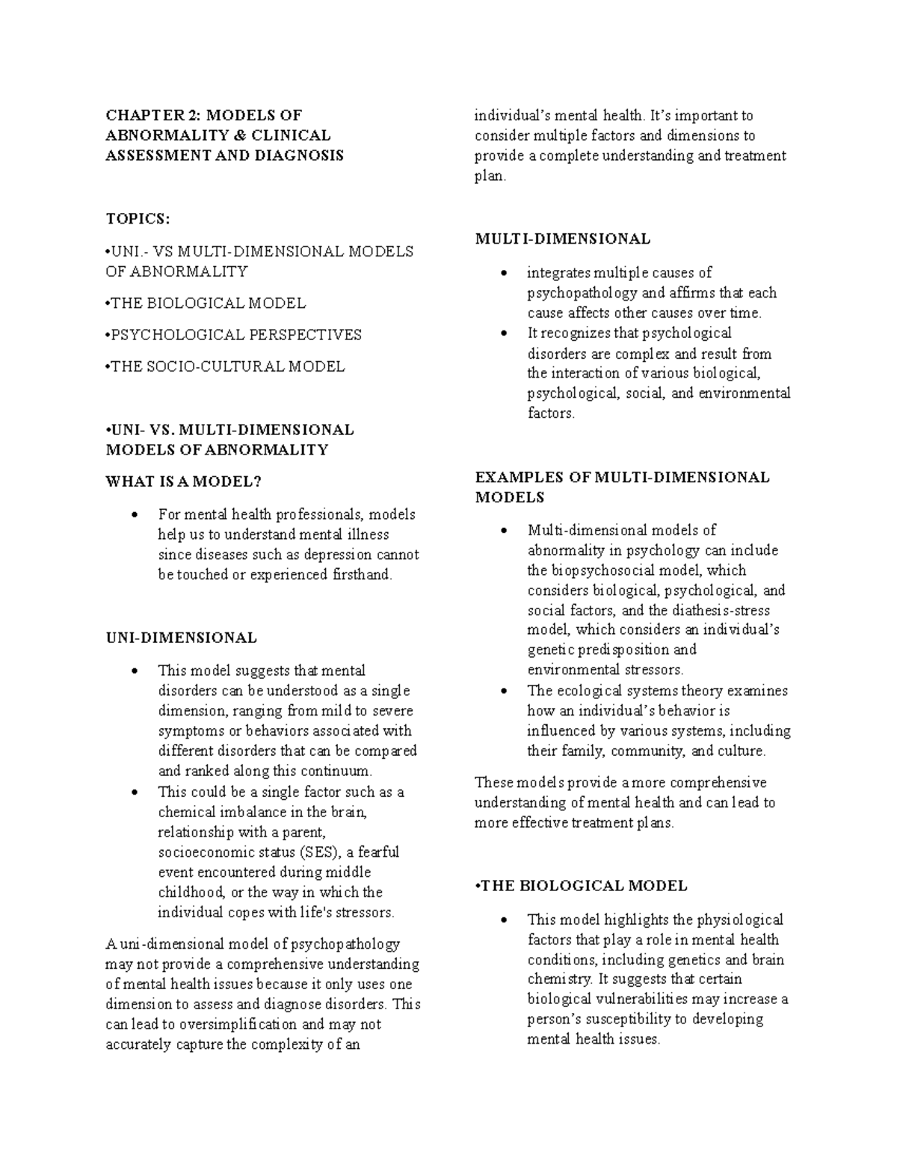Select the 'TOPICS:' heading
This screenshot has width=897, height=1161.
(138, 218)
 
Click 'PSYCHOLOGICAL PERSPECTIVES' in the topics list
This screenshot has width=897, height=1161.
(235, 335)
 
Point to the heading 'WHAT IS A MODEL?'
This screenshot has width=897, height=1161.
(184, 481)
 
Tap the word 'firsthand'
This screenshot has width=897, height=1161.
(360, 575)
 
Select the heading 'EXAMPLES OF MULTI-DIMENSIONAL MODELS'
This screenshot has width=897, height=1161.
(622, 487)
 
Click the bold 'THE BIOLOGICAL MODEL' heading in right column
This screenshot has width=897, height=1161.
(583, 886)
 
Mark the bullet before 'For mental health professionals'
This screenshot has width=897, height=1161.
(134, 515)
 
